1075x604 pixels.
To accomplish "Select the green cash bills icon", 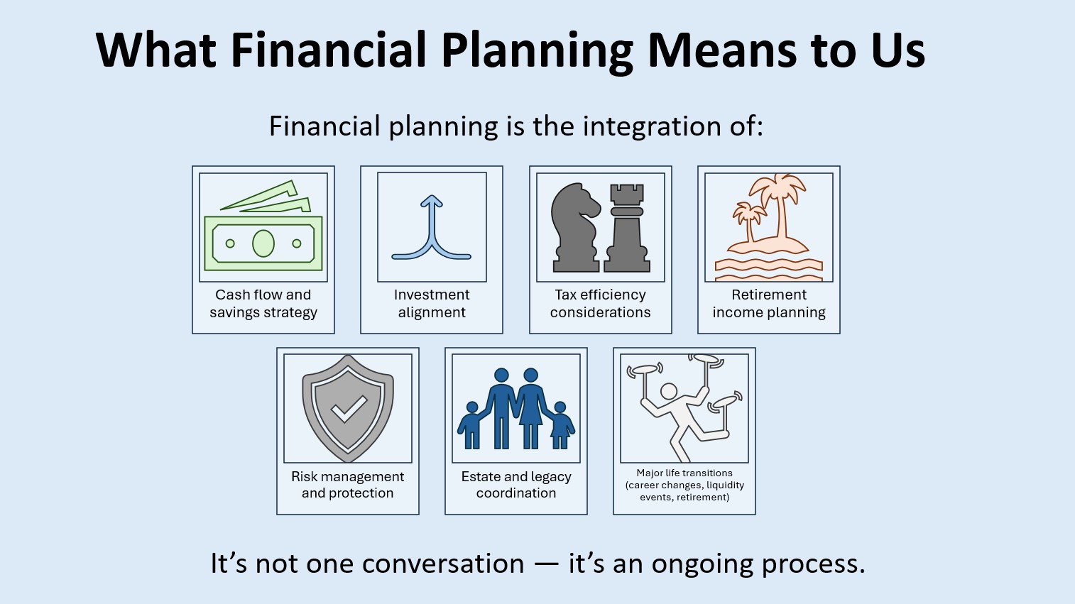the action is (263, 226).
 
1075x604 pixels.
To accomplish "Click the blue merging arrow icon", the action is (432, 227).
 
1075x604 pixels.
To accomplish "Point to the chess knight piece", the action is (576, 227).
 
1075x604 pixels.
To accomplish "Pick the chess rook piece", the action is (627, 229).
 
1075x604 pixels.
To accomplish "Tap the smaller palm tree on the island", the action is (748, 220).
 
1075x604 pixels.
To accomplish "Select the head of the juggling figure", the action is (669, 391).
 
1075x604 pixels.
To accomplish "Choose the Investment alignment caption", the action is (432, 303).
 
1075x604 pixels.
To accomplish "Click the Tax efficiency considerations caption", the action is (601, 303).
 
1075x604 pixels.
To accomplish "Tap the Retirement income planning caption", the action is (769, 303).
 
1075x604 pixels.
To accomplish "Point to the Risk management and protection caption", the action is (347, 485).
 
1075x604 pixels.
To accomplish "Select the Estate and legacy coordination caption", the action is (516, 485).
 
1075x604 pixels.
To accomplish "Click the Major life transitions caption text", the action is (684, 485).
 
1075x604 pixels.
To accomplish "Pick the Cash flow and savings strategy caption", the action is (263, 303).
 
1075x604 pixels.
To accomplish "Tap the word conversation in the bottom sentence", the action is (443, 564).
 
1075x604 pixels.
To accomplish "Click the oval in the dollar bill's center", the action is (263, 243).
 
